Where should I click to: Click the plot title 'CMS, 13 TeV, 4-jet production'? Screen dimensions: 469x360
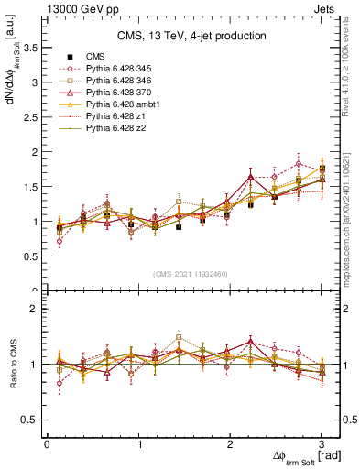point(191,37)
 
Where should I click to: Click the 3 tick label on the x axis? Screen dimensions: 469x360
point(322,444)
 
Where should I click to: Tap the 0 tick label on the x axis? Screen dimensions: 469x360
point(47,444)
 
